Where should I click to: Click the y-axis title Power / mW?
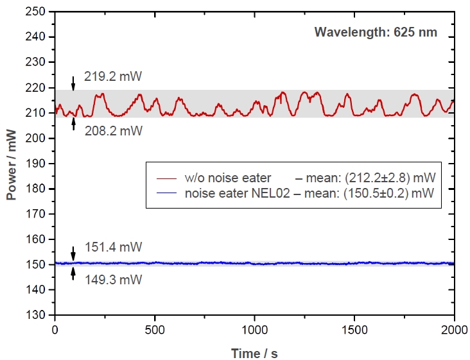click(x=12, y=163)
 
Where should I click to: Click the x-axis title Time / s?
click(x=255, y=352)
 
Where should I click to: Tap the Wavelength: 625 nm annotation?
click(x=376, y=32)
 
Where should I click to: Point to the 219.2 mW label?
click(x=112, y=77)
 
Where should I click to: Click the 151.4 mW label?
click(x=112, y=247)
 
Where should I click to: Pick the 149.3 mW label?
click(x=112, y=280)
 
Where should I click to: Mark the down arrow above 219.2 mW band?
click(x=73, y=83)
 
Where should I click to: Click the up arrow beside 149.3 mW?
click(x=73, y=274)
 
